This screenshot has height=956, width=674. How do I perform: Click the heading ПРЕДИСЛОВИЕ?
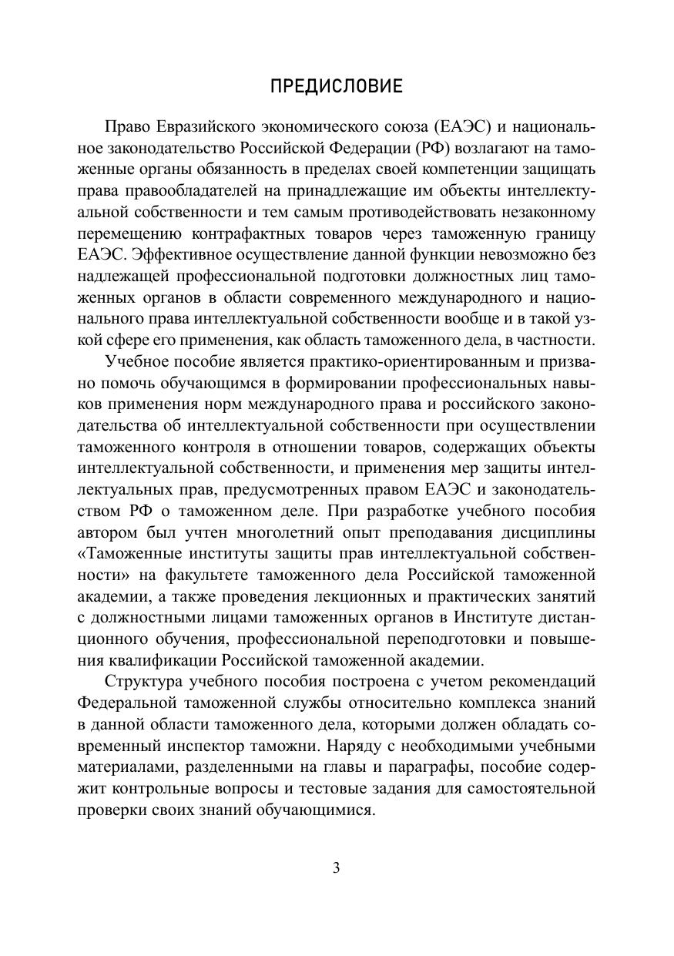pyautogui.click(x=337, y=86)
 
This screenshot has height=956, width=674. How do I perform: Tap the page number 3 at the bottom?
pyautogui.click(x=336, y=867)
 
